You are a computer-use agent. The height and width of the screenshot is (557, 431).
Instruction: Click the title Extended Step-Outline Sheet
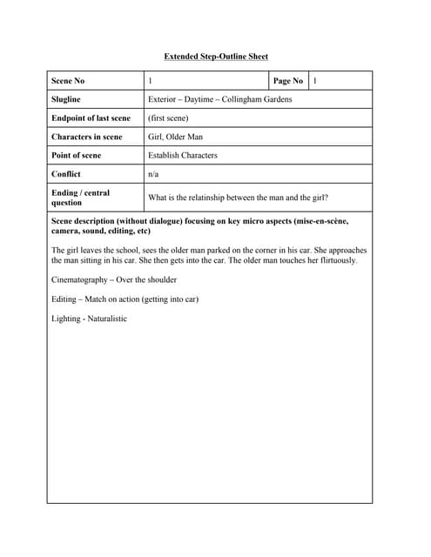click(216, 57)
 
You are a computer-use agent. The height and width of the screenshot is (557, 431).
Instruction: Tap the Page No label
click(287, 81)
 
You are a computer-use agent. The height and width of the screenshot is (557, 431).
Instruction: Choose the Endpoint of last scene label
click(91, 118)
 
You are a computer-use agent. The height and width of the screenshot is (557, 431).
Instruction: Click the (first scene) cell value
click(168, 118)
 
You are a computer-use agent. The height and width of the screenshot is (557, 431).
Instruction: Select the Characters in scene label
click(86, 137)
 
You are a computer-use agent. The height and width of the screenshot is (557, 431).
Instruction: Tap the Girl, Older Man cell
click(175, 137)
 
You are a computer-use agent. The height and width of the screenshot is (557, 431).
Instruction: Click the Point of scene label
click(76, 155)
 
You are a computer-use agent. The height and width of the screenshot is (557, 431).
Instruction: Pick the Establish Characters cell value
click(183, 155)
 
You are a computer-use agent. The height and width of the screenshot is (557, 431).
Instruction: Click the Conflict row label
click(67, 174)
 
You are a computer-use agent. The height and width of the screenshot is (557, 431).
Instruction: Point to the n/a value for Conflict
click(153, 174)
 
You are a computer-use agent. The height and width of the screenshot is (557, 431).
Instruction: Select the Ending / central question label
click(80, 197)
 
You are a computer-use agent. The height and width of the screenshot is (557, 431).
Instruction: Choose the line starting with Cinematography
click(114, 280)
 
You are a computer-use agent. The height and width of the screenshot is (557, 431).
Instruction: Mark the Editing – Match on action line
click(125, 299)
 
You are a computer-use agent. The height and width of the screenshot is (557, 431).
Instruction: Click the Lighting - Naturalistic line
click(89, 319)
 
